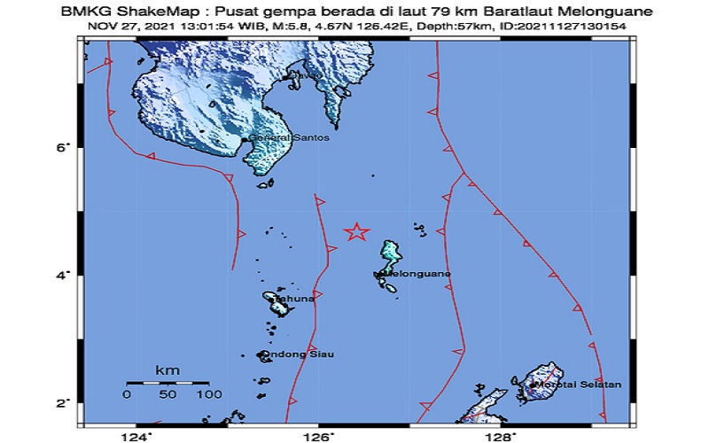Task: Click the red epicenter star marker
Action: click(356, 232)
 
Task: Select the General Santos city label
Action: click(281, 138)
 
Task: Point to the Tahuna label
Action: click(292, 299)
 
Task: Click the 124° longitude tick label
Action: click(138, 436)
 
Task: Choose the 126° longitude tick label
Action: click(320, 436)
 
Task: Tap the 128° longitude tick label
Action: click(502, 436)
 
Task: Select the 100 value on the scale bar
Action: click(209, 393)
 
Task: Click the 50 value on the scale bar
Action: click(168, 393)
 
